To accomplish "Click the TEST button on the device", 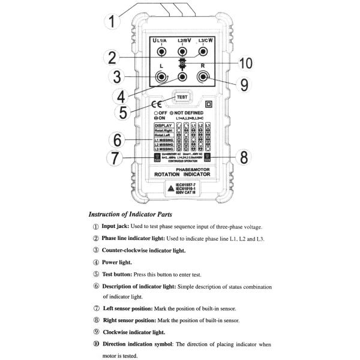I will point(183,97).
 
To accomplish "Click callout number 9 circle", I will point(244,84).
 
